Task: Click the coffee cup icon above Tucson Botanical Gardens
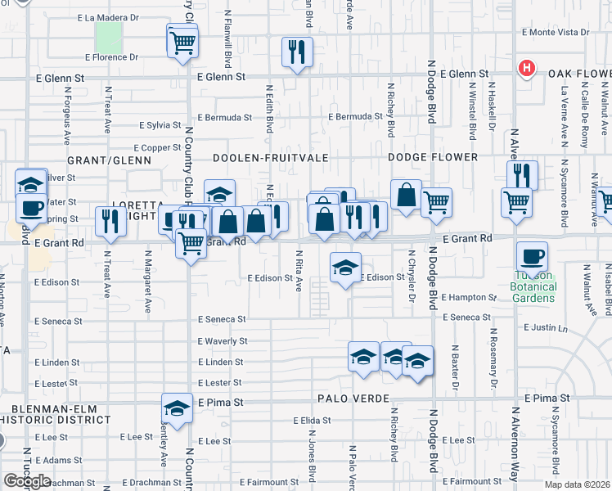pyautogui.click(x=532, y=255)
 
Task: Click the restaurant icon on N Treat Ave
pyautogui.click(x=107, y=219)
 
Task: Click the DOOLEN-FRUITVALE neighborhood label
pyautogui.click(x=259, y=157)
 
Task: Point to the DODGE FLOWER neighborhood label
pyautogui.click(x=433, y=157)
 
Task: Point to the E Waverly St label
pyautogui.click(x=222, y=340)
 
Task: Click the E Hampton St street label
pyautogui.click(x=469, y=298)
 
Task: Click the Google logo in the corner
pyautogui.click(x=27, y=480)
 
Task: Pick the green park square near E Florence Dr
pyautogui.click(x=109, y=36)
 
